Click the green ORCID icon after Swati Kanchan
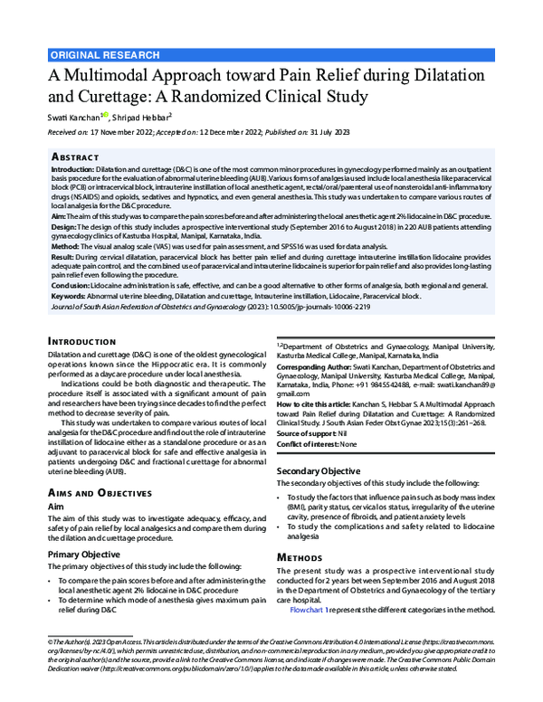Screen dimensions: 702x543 pyautogui.click(x=106, y=115)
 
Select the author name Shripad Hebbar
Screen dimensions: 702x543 pyautogui.click(x=143, y=116)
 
